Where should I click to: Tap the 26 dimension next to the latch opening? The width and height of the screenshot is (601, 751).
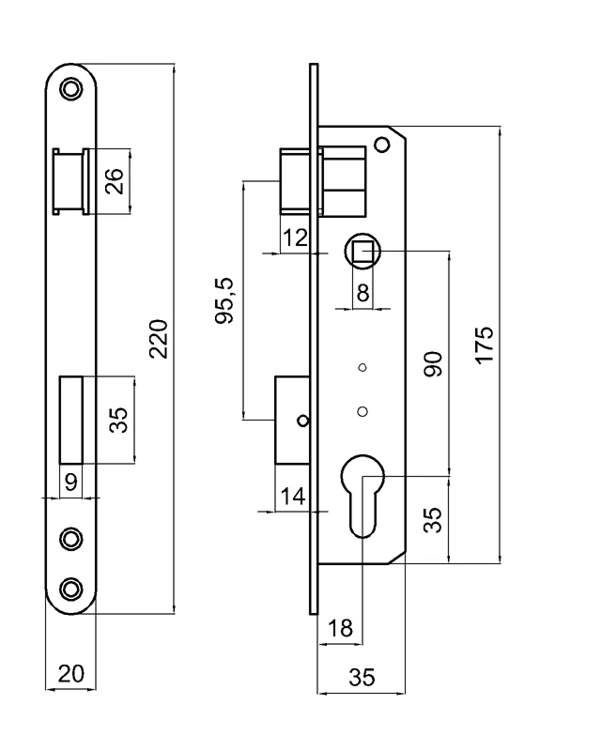114,181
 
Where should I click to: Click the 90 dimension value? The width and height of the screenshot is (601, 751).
433,363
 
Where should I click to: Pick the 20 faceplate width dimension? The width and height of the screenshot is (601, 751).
71,674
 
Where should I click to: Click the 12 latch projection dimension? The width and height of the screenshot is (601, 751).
295,238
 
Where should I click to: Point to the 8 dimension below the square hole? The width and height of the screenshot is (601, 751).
363,292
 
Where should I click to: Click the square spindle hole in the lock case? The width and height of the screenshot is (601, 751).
362,252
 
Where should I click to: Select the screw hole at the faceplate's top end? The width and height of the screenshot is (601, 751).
71,89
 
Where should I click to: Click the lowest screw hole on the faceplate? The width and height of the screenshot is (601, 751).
71,588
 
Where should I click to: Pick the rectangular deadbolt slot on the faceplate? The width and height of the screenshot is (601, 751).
71,419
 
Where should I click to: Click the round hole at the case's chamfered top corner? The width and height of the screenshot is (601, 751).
381,145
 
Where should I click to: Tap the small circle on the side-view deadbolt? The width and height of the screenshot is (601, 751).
302,420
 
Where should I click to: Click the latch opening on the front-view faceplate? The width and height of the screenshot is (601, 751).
71,181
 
